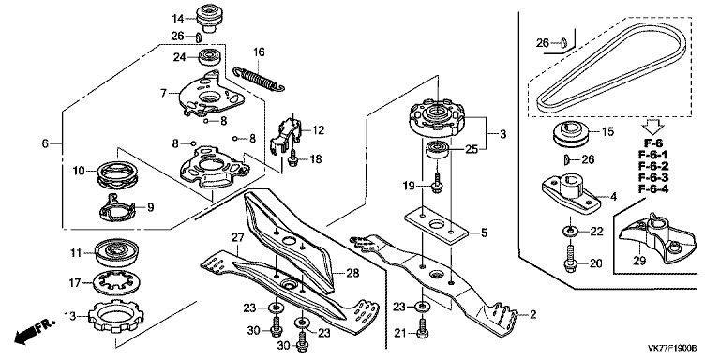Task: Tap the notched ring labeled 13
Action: click(115, 315)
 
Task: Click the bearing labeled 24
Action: click(211, 58)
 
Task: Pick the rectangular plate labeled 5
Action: click(436, 225)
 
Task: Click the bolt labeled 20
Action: click(570, 260)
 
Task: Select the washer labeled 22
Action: click(570, 231)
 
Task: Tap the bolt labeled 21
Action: click(423, 329)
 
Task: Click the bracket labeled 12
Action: click(286, 133)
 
